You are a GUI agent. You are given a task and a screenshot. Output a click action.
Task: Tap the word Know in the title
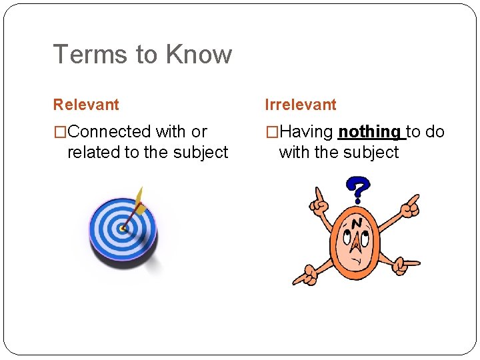pos(200,55)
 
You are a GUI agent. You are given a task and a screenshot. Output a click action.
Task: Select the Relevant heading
pos(86,105)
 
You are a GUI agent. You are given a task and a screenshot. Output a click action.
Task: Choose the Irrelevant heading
pos(301,105)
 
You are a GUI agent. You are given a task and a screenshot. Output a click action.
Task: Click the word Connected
pos(110,132)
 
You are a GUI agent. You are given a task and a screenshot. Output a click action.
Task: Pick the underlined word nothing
pos(370,132)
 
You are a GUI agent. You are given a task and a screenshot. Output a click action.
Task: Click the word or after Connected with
pos(199,132)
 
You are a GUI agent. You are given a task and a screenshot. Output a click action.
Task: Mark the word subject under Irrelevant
pos(370,153)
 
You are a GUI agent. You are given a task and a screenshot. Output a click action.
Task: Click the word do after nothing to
pos(435,132)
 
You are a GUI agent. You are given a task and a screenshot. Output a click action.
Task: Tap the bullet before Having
pos(271,132)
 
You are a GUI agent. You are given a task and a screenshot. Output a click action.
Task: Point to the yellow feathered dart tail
pos(139,198)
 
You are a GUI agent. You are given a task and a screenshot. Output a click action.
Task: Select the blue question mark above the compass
pos(359,189)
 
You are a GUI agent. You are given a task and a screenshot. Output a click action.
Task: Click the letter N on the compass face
pos(357,223)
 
